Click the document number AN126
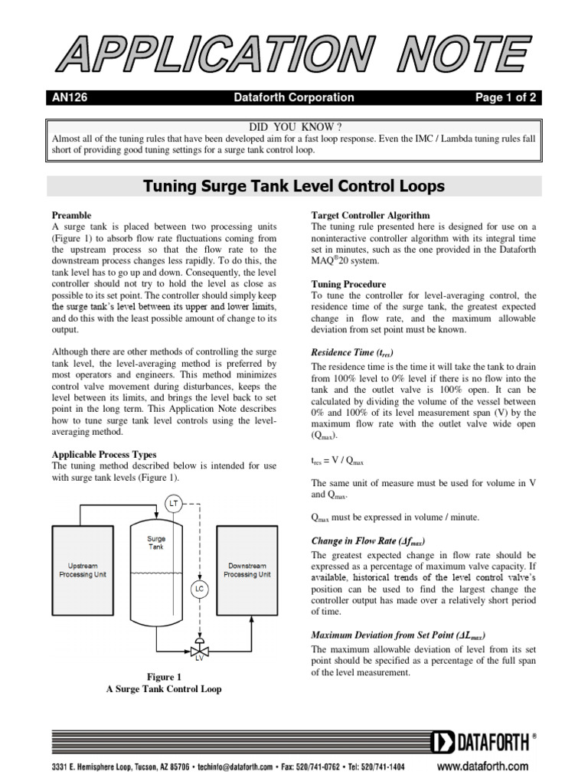point(67,97)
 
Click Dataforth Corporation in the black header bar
point(294,97)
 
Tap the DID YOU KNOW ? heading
point(294,126)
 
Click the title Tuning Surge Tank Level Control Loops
point(295,186)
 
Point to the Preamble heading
point(71,215)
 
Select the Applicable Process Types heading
point(103,454)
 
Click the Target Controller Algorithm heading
point(371,215)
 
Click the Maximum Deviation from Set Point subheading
point(398,635)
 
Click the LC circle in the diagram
point(198,589)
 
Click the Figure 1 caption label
point(163,677)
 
